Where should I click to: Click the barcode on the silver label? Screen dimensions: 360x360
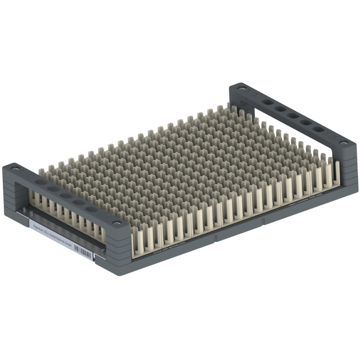pos(83,253)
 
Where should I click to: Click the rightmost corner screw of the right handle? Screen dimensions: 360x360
pos(344,143)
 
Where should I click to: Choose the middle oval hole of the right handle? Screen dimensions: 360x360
pos(293,116)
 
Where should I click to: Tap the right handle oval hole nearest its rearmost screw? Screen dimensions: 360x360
pos(268,102)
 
